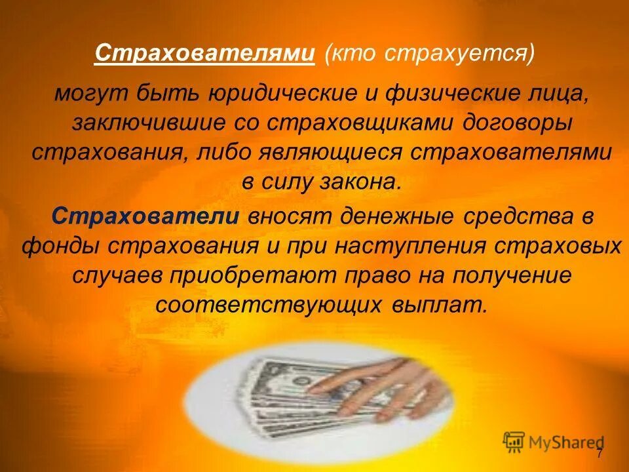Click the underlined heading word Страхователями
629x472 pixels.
(204, 53)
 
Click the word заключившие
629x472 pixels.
(132, 122)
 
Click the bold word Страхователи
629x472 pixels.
(145, 216)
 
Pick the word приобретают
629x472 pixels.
(254, 275)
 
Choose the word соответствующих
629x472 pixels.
(269, 305)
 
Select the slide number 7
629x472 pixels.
(599, 454)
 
